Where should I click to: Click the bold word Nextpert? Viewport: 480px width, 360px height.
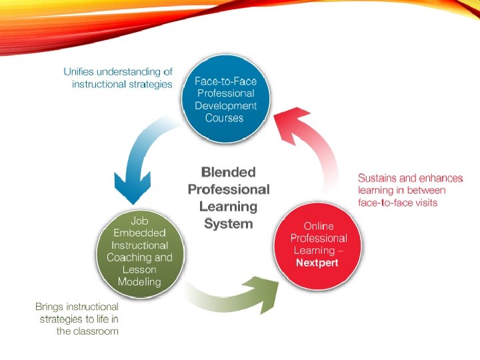coord(317,263)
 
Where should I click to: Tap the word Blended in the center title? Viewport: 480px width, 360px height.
coord(229,173)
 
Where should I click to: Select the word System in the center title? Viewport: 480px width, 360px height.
coord(229,223)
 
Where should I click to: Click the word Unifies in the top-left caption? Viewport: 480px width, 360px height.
coord(81,71)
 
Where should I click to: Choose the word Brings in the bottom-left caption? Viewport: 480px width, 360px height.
coord(50,307)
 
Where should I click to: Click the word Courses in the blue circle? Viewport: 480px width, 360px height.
coord(225,118)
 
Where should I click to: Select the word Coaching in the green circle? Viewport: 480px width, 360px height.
coord(130,257)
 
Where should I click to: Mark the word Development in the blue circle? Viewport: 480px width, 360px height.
coord(225,105)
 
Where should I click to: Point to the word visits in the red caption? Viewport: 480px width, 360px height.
coord(423,202)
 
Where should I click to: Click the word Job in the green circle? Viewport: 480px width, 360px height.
coord(139,220)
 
